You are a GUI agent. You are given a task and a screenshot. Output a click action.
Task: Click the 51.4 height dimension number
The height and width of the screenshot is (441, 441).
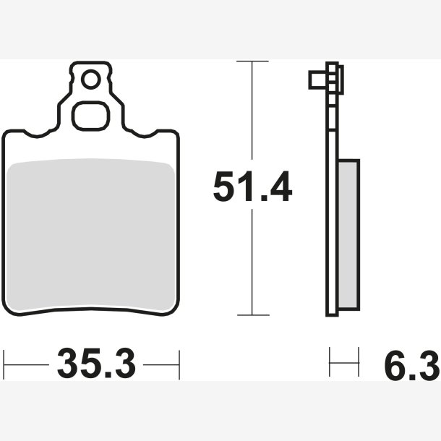pyautogui.click(x=252, y=187)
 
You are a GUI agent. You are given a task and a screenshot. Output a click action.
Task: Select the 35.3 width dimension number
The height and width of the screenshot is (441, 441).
pyautogui.click(x=96, y=364)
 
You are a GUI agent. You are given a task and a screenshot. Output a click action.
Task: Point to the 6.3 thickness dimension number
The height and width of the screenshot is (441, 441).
pyautogui.click(x=412, y=365)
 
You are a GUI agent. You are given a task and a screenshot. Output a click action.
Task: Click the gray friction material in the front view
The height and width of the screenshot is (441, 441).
pyautogui.click(x=90, y=236)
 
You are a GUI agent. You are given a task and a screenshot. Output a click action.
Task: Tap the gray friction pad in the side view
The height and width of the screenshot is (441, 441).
pyautogui.click(x=348, y=235)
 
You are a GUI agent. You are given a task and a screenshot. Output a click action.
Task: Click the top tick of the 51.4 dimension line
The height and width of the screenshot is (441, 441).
pyautogui.click(x=252, y=61)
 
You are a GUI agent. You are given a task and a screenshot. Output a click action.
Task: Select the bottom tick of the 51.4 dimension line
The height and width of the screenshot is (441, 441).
pyautogui.click(x=253, y=315)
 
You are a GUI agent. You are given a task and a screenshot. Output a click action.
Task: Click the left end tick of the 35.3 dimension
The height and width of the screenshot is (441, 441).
pyautogui.click(x=4, y=365)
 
